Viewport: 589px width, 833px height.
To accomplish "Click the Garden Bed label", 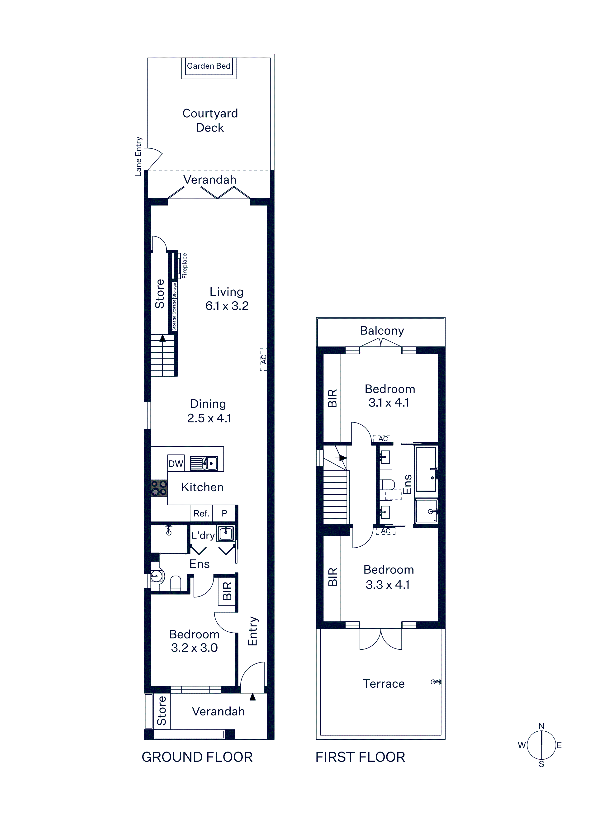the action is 209,66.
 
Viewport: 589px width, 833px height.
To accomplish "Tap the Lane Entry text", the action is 138,156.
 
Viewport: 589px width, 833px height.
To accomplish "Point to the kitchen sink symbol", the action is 204,463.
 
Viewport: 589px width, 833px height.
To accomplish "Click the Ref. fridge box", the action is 201,513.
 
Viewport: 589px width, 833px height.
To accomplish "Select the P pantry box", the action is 224,513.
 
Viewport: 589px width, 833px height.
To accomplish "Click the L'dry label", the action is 203,535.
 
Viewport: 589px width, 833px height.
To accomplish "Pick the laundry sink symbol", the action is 226,533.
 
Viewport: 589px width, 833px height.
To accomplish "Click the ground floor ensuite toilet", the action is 176,583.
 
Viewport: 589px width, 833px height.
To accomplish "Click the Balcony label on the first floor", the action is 382,331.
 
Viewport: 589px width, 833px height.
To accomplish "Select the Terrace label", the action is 384,684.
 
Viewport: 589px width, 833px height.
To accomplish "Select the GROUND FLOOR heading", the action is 197,757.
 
